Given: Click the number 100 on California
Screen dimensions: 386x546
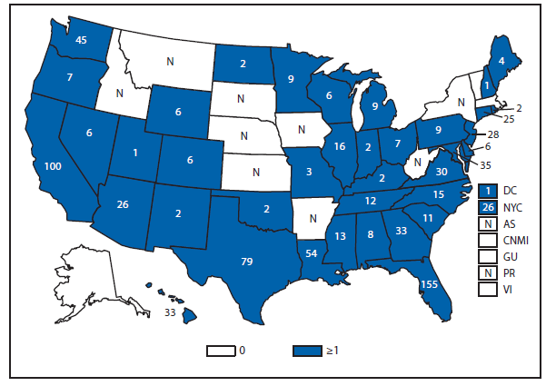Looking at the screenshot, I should coord(52,166).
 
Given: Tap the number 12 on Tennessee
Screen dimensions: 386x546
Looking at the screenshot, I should coord(372,200).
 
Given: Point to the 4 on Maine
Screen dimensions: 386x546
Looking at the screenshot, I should coord(501,61).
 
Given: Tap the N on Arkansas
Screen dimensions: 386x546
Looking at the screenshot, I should coord(312,218).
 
